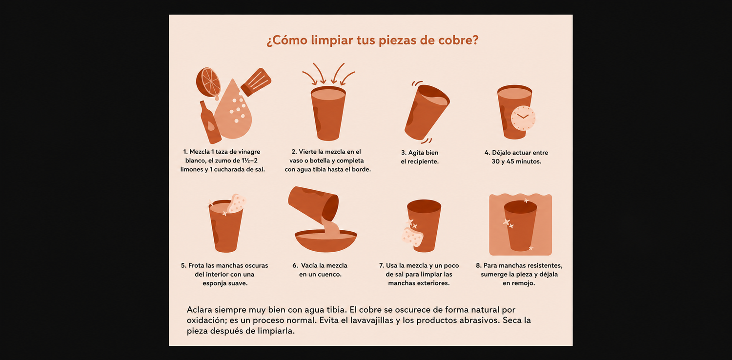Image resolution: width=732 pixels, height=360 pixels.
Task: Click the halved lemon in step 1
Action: (208, 82)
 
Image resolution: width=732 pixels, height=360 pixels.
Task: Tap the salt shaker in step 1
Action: (256, 82)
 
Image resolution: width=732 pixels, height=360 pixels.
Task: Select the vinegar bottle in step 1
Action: (210, 122)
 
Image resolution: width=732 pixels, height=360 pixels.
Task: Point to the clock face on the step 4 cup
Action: (523, 118)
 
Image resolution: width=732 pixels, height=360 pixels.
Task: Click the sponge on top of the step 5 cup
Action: (237, 203)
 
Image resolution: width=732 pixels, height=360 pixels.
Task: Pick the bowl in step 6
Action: (326, 240)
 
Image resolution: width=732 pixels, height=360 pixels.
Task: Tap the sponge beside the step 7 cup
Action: (413, 237)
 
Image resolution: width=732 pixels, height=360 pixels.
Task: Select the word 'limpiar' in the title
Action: (332, 40)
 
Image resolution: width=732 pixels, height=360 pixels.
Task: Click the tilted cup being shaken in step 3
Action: (427, 112)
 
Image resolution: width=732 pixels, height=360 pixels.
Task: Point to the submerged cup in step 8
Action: (520, 226)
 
